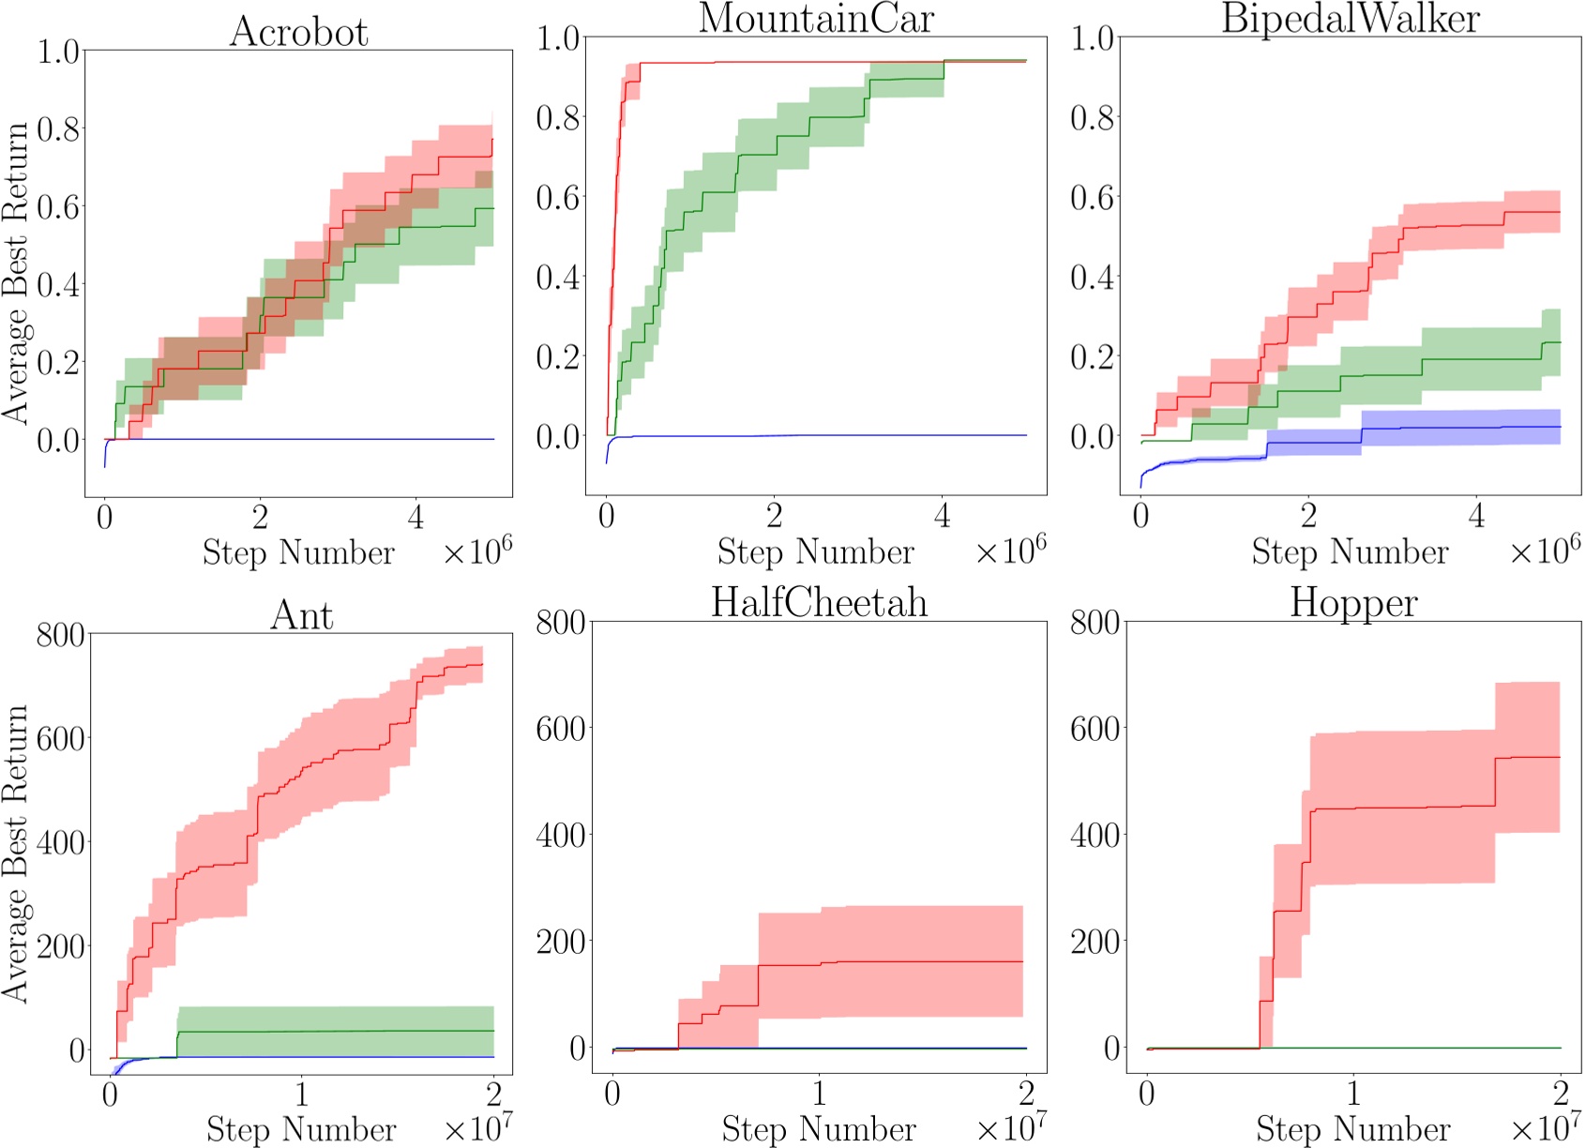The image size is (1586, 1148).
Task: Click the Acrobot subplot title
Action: tap(299, 32)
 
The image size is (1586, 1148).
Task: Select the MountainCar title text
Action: tap(816, 19)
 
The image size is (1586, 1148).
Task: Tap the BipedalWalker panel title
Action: tap(1351, 19)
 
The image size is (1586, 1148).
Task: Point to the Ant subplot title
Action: tap(301, 615)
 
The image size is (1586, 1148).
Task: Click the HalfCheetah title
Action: tap(819, 602)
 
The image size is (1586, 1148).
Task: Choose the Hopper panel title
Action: tap(1353, 602)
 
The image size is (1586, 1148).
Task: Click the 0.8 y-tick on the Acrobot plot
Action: tap(58, 128)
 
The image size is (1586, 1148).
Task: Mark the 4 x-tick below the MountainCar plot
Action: tap(942, 516)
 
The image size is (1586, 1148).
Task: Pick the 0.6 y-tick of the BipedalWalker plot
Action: tap(1092, 198)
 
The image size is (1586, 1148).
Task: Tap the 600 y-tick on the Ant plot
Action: tap(60, 738)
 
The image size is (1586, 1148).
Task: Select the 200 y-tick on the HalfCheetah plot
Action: tap(560, 942)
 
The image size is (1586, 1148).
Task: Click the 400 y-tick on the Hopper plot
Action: tap(1095, 835)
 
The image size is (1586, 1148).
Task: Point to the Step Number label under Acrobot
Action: tap(298, 552)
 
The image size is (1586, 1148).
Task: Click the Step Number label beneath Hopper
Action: tap(1352, 1128)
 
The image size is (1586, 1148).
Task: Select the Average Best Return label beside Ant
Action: tap(15, 853)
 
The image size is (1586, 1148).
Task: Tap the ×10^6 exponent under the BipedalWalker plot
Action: tap(1545, 550)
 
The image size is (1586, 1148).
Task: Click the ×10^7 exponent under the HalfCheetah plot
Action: tap(1011, 1126)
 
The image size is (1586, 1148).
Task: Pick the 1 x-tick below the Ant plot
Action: tap(301, 1094)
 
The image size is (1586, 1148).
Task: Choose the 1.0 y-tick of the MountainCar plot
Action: tap(557, 38)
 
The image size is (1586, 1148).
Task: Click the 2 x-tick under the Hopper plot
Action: tap(1560, 1094)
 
